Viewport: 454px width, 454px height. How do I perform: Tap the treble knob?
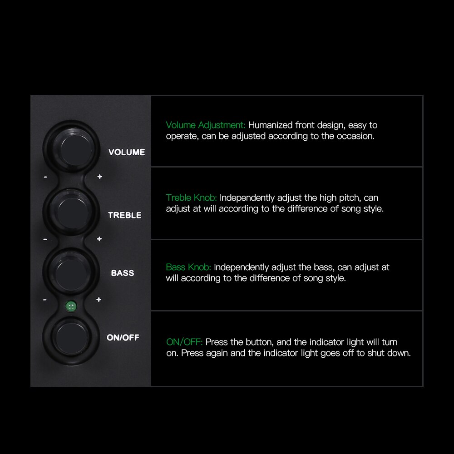71,210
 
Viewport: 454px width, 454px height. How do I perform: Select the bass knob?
71,271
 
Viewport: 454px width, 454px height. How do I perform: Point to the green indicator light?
70,306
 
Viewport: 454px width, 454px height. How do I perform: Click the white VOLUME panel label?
127,152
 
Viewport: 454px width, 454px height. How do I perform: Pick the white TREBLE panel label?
125,215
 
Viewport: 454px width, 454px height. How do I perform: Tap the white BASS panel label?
123,273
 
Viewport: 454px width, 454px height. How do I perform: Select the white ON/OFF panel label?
123,337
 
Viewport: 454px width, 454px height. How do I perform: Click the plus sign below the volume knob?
99,177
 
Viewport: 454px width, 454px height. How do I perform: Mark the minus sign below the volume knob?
45,177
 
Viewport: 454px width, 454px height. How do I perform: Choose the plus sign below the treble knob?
99,239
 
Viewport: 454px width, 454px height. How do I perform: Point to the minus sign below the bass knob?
45,300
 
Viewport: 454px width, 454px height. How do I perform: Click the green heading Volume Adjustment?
206,125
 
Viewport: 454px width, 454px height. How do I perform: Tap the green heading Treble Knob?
192,198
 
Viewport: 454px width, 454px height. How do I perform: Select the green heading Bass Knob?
189,267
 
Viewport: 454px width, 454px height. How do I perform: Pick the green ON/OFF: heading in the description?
184,342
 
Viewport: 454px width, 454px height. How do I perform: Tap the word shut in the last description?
367,353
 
